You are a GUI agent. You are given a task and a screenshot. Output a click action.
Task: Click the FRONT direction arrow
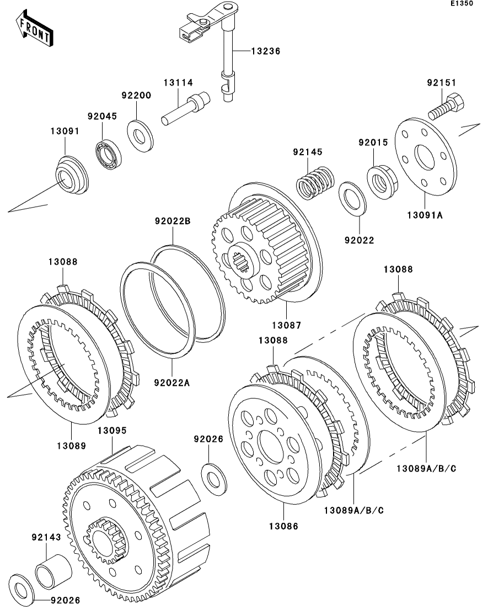click(34, 30)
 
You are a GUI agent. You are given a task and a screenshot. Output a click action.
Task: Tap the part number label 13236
click(266, 51)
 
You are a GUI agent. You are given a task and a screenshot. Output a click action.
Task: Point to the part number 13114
click(178, 83)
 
